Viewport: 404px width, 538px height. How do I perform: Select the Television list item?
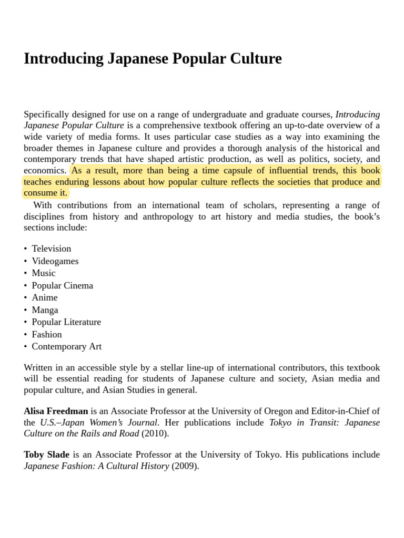pos(51,249)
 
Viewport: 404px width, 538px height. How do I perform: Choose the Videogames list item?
pos(55,261)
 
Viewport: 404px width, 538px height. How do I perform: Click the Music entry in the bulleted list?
pos(43,273)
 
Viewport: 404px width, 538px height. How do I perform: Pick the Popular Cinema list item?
pos(62,285)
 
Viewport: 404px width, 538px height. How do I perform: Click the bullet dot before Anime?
pos(25,298)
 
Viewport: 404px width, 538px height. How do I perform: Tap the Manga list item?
pos(45,310)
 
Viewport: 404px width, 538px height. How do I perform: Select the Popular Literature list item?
pos(66,322)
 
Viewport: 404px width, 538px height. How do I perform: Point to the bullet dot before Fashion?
pos(25,335)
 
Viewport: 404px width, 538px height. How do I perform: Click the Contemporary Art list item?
pos(66,347)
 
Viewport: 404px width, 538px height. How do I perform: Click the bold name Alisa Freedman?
pos(56,411)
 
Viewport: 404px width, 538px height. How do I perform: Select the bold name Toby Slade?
pos(46,454)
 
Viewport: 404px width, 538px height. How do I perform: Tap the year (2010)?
pos(155,433)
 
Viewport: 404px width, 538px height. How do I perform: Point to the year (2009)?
pos(185,466)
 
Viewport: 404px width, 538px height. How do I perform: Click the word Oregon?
pos(277,411)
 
